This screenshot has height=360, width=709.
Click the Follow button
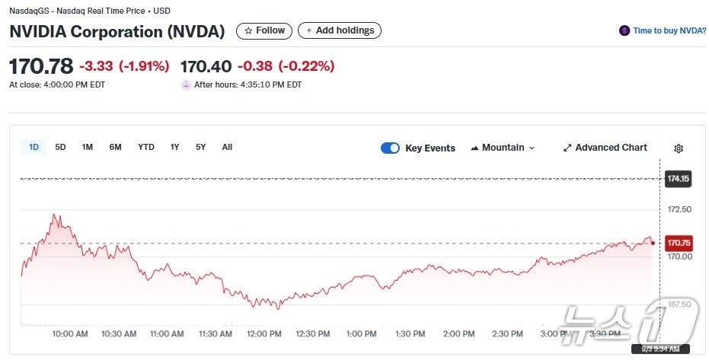point(264,30)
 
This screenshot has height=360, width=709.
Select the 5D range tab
point(61,147)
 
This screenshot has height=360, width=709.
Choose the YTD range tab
point(146,147)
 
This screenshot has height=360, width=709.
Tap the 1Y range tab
point(175,147)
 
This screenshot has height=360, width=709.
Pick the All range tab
point(227,147)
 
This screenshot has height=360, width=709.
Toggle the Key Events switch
point(390,148)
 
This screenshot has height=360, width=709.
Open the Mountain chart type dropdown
point(503,148)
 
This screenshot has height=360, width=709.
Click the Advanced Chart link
point(605,148)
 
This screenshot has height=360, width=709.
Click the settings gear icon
point(679,148)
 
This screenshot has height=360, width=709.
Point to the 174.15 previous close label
point(678,179)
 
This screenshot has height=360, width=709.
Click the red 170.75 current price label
point(678,243)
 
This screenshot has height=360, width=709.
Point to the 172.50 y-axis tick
point(679,209)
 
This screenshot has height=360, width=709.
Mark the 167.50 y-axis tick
point(679,304)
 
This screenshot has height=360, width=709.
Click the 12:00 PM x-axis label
point(264,333)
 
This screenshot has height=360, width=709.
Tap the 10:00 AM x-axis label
point(69,333)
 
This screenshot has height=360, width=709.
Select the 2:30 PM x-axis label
point(507,333)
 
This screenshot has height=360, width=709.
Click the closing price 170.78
point(41,66)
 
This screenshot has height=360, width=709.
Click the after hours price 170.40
point(205,66)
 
